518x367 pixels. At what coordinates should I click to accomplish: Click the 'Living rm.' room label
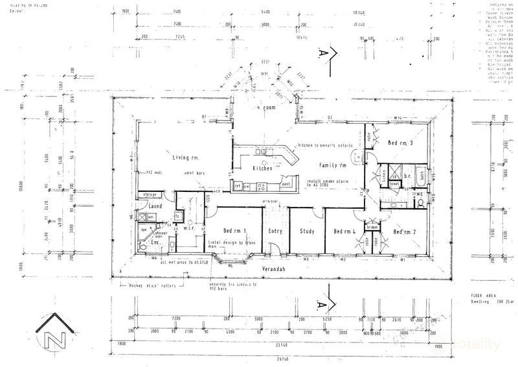point(185,158)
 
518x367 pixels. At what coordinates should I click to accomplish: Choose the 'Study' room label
point(307,231)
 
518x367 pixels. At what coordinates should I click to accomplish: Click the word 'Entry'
point(274,231)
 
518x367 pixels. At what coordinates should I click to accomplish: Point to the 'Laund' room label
point(155,207)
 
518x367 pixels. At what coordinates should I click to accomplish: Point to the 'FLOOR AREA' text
point(484,294)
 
